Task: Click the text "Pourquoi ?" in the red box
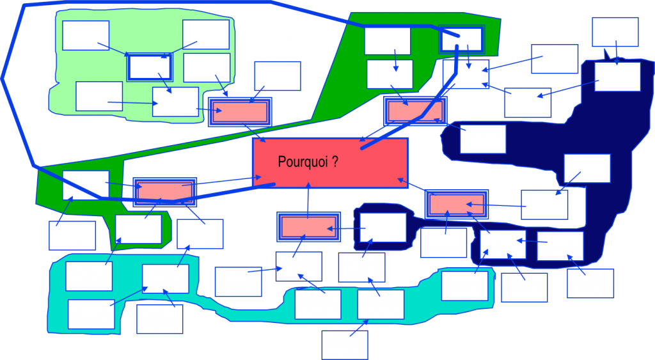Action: (308, 162)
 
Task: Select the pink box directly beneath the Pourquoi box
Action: (308, 227)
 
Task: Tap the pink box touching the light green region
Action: (240, 112)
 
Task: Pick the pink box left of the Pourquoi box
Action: (164, 191)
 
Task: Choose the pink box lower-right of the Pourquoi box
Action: (457, 204)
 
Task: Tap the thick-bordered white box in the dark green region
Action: (461, 40)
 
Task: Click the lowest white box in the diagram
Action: (345, 345)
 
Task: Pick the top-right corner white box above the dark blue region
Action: (615, 31)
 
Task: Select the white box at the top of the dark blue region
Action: (617, 77)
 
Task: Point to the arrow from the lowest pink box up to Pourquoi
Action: (308, 201)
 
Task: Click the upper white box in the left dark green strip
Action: (86, 185)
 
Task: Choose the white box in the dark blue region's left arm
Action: (483, 139)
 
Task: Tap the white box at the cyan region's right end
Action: (464, 286)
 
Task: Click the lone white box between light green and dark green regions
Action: (278, 76)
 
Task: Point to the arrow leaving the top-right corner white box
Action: (616, 52)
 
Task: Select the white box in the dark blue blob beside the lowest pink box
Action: (383, 228)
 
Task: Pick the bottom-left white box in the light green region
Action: (99, 96)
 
